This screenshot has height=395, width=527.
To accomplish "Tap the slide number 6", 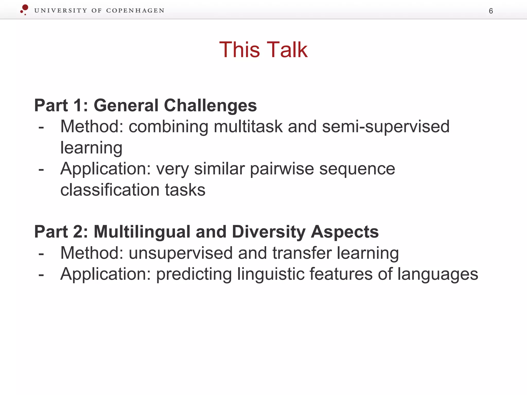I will click(x=491, y=11).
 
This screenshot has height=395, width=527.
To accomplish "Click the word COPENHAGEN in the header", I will click(x=135, y=11).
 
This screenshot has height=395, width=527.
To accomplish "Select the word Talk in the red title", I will click(x=287, y=50).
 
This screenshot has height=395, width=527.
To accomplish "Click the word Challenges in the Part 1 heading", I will click(x=210, y=105).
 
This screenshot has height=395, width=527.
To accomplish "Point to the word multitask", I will click(x=248, y=127).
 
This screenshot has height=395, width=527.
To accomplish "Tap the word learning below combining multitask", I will click(x=91, y=148).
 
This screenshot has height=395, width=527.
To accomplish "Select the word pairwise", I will click(x=282, y=169).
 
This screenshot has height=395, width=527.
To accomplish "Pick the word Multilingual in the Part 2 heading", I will click(x=142, y=232).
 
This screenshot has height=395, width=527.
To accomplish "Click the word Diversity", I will click(x=268, y=232).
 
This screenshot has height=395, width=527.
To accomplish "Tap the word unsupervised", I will click(x=181, y=253).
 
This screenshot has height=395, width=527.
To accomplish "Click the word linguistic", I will click(x=270, y=274).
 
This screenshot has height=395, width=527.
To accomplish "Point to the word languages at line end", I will click(x=437, y=274).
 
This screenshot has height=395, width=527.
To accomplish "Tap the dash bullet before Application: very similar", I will click(x=41, y=170).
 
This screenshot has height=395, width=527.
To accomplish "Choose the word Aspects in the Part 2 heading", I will click(x=345, y=232).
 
